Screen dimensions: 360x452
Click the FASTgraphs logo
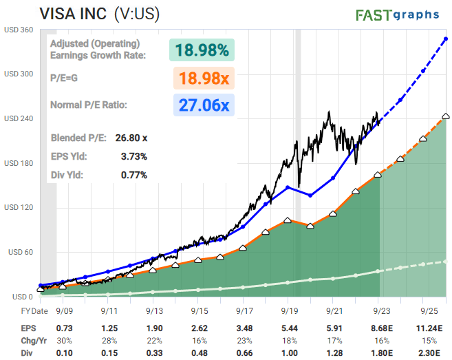coord(398,14)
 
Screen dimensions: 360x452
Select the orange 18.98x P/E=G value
coord(204,78)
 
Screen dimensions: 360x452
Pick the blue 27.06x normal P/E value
coord(204,105)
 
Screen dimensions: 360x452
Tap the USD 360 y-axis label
coord(19,30)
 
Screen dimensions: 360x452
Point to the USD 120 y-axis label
coord(19,207)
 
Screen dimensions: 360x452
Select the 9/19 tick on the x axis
coord(288,310)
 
